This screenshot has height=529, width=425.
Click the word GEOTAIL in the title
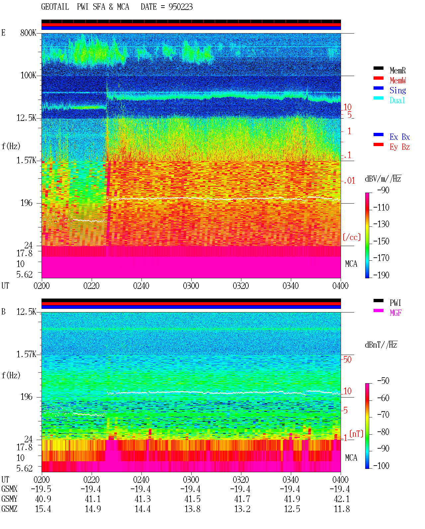55,7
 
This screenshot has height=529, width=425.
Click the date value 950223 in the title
181,7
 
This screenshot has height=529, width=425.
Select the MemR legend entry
397,70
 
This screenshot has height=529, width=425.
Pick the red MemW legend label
398,80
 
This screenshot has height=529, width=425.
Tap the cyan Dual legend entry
397,100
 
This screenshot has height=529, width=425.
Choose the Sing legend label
398,90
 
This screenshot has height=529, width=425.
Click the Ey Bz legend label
400,147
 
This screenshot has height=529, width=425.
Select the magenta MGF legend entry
395,313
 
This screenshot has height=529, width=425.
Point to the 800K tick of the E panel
28,33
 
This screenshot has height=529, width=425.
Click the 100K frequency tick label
28,75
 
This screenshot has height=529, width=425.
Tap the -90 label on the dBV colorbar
383,190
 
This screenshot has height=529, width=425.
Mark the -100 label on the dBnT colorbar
381,466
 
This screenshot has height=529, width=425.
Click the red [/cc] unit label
352,237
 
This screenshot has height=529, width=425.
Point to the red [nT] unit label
356,434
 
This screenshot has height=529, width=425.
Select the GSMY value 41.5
193,499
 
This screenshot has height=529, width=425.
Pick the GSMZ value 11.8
342,509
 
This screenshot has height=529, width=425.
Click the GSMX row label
9,489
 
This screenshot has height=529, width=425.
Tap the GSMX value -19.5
41,489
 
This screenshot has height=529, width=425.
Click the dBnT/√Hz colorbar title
381,345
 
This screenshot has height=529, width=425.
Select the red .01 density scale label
349,181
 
